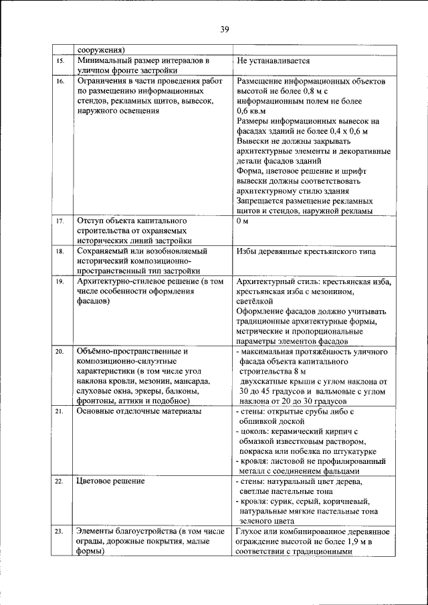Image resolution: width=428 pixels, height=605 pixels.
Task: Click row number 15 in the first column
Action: tap(59, 61)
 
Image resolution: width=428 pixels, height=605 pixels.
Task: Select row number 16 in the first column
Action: tap(59, 81)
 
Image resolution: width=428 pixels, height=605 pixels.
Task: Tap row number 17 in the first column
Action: tap(59, 221)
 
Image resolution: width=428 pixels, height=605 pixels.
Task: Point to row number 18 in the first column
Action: tap(59, 251)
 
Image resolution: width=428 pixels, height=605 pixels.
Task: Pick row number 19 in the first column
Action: tap(59, 282)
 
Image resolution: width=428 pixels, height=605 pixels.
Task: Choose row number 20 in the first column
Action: tap(59, 351)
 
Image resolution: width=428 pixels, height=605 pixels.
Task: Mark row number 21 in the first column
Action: tap(59, 411)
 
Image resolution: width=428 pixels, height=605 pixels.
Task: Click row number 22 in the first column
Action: tap(59, 481)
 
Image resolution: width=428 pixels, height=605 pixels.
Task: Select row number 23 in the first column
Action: tap(59, 531)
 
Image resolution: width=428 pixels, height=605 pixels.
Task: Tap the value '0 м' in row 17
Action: tap(243, 221)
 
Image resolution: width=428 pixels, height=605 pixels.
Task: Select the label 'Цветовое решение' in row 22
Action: tap(110, 481)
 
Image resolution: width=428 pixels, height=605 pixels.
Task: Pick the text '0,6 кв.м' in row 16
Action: tap(251, 111)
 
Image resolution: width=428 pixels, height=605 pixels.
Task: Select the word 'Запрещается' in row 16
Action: tap(261, 201)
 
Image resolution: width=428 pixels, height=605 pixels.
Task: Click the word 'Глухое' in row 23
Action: tap(250, 531)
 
